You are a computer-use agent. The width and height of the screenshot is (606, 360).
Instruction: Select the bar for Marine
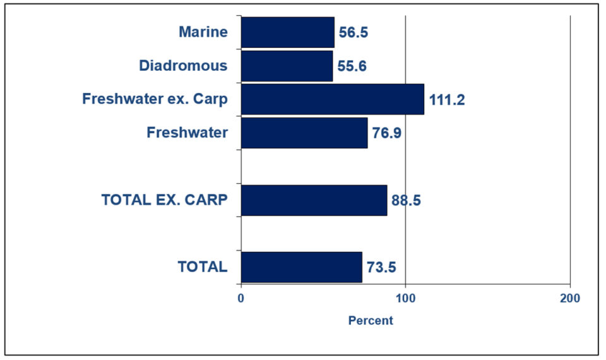coord(287,32)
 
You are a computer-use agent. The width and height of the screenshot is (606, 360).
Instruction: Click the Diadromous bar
coord(287,66)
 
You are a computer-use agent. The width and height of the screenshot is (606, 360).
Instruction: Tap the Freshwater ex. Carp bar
coord(332,99)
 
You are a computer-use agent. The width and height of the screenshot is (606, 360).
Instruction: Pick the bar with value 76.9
coord(304,133)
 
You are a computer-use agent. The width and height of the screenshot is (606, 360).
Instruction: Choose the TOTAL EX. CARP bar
coord(314,200)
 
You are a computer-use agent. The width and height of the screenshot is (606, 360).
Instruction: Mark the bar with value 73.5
coord(301,267)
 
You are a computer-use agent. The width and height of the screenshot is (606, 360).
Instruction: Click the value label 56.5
coord(353,33)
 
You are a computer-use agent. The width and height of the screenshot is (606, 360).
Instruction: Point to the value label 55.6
coord(352,66)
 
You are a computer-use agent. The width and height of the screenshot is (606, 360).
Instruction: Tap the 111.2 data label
coord(446,100)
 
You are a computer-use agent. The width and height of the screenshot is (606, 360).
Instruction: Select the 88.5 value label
coord(405,201)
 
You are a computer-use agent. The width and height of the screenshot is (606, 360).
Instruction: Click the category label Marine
coord(203,32)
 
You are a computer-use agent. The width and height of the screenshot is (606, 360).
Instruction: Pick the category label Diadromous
coord(183,66)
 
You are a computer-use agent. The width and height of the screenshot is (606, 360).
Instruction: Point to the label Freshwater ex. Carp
coord(155,99)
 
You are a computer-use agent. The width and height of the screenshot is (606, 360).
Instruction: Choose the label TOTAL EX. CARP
coord(164,200)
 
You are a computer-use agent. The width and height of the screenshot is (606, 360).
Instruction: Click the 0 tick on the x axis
coord(241,297)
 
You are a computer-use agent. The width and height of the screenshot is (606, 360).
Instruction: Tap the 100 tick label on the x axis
coord(405,297)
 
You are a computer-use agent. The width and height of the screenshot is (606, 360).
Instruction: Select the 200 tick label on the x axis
coord(569,297)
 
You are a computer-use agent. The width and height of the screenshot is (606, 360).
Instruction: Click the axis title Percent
coord(371,321)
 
